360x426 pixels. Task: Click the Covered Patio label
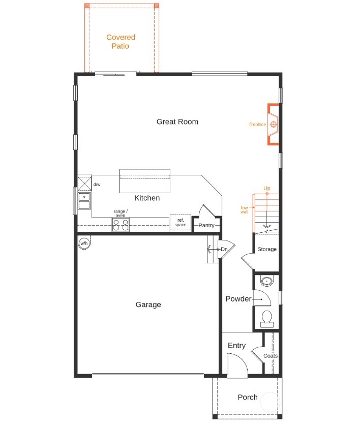tap(121, 42)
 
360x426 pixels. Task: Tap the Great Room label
tap(177, 121)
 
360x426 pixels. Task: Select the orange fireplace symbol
tap(274, 124)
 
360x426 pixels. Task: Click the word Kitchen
tap(147, 198)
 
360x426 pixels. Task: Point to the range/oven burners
tap(121, 225)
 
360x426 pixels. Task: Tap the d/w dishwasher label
tap(97, 185)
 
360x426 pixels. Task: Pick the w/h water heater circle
tap(84, 243)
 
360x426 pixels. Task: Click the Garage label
tap(148, 305)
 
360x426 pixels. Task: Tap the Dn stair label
tap(224, 249)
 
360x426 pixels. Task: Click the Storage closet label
tap(266, 249)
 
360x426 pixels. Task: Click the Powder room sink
tap(266, 281)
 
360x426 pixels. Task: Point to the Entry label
tap(236, 346)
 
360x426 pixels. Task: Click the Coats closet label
tap(271, 356)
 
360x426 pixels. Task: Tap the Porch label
tap(248, 397)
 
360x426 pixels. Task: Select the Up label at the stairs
tap(267, 189)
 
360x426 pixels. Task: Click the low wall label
tap(245, 209)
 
